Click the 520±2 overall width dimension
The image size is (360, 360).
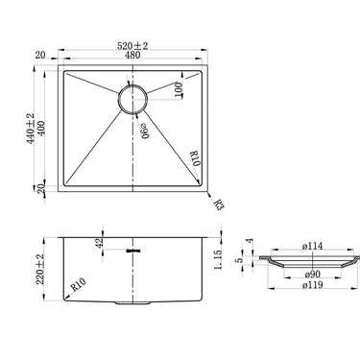coord(132,46)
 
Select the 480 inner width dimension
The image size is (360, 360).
coord(132,55)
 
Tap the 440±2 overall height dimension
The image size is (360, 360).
coord(31,129)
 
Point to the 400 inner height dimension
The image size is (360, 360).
coord(41,129)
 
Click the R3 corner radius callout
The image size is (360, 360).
coord(219,204)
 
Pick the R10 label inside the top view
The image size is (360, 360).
coord(195,158)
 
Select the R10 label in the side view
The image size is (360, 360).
coord(79,285)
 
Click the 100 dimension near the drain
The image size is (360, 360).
coord(179,90)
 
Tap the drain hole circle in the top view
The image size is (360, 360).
coord(132,99)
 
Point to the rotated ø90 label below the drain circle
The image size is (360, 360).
coord(145,132)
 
